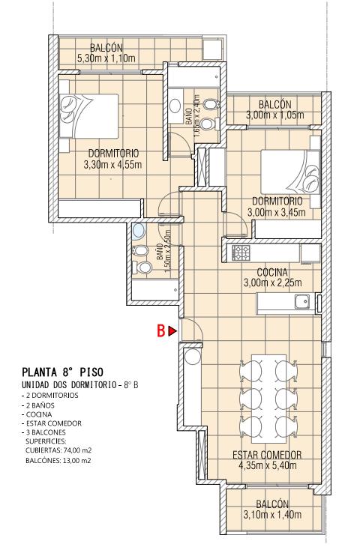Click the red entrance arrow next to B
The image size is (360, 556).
point(172,331)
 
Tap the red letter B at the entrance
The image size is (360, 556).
point(161,331)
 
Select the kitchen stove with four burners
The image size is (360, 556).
point(241,253)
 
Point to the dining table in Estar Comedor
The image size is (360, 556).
point(268,399)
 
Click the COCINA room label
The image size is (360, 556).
point(272,272)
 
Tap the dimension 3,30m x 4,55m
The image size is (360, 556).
point(113,165)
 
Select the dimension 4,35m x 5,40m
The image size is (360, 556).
point(268,465)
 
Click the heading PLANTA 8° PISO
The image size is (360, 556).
point(62,372)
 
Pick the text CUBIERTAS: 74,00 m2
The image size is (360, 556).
point(58,450)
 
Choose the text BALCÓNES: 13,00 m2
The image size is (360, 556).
point(58,461)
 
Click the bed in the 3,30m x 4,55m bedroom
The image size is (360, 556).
point(88,115)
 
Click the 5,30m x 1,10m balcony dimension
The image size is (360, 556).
point(106,58)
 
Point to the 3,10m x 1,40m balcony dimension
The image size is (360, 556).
point(272,515)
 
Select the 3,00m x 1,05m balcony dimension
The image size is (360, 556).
point(275,115)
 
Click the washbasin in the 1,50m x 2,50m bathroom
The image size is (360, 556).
point(139,231)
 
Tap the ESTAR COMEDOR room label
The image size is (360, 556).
point(267,455)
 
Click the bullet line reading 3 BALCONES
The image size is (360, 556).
point(43,432)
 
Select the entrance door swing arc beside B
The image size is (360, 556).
point(198,325)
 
